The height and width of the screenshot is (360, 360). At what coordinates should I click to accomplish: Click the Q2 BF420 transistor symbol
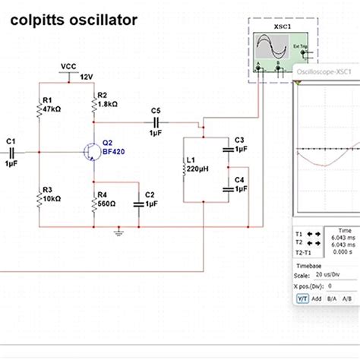(x=92, y=153)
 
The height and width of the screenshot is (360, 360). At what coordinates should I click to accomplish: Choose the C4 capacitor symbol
(x=227, y=187)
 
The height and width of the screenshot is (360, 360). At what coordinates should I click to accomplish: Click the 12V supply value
(x=86, y=77)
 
